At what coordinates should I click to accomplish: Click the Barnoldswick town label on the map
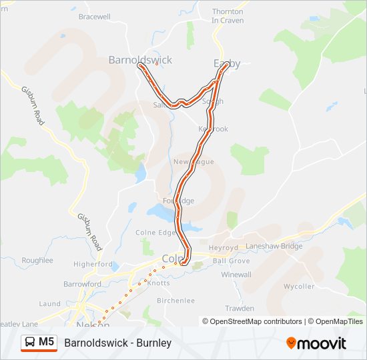140,60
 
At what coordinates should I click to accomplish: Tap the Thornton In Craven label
228,16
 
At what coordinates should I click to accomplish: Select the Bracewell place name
94,16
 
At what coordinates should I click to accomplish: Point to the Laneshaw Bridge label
274,246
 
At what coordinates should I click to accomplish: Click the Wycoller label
298,286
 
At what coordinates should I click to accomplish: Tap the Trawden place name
240,309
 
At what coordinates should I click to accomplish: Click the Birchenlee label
175,301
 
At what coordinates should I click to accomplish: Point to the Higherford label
93,264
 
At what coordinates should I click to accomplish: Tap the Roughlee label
37,260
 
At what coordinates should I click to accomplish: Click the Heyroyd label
223,247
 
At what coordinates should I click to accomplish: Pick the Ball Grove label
231,261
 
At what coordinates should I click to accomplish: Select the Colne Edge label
155,233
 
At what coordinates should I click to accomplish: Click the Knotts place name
159,283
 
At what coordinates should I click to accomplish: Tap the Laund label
50,304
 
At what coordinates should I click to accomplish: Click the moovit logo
316,343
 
